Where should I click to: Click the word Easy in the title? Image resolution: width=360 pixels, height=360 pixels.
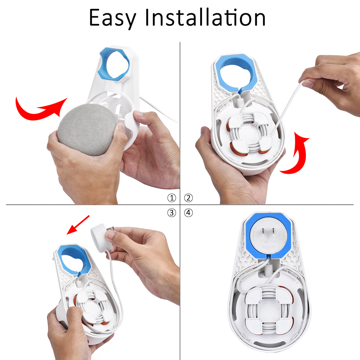point(112,18)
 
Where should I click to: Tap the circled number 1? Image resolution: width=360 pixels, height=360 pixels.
point(172,198)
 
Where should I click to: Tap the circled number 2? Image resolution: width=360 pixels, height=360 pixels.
point(188,198)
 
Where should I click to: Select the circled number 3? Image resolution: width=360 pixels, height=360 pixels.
point(172,213)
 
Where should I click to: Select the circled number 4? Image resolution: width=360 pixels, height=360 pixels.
point(188,213)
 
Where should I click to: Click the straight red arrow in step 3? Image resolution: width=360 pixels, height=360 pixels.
point(78,225)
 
